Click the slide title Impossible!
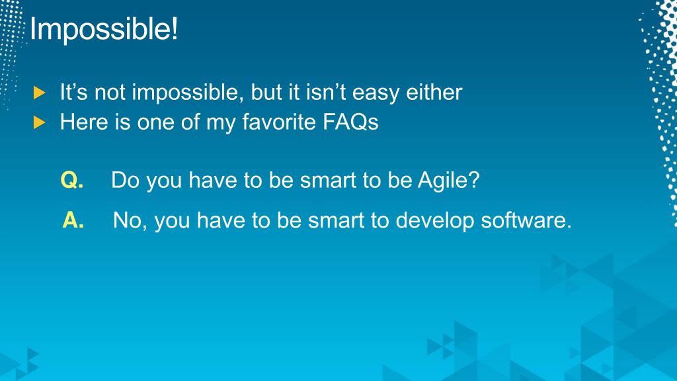104,29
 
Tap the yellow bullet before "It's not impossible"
39,93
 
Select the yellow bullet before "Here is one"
39,122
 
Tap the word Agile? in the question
449,181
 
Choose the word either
434,93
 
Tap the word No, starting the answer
130,221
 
